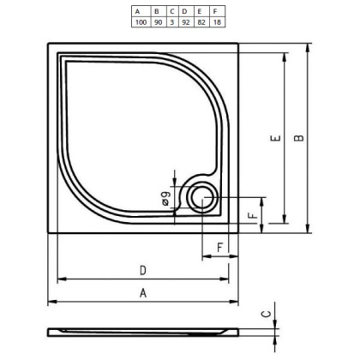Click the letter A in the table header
click(137, 11)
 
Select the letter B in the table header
click(156, 11)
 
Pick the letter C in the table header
click(172, 11)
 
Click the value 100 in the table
click(137, 21)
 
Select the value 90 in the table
click(156, 21)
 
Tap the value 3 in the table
click(172, 21)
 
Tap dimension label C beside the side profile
click(267, 314)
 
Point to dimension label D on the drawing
click(142, 271)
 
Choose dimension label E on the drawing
click(273, 137)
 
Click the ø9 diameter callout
click(165, 201)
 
